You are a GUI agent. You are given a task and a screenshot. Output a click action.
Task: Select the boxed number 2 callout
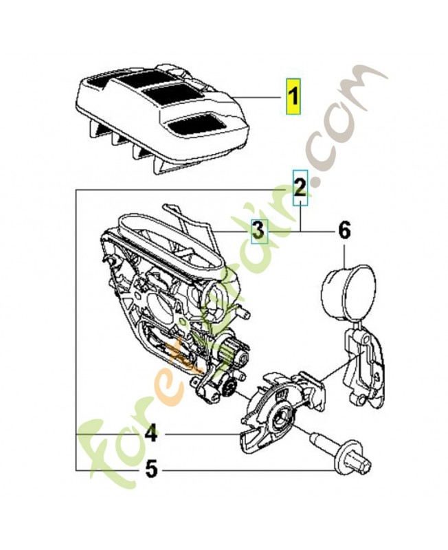[300, 187]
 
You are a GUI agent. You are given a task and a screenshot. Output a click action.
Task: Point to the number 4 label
[150, 434]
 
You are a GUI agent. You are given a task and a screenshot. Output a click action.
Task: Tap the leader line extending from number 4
[199, 434]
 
